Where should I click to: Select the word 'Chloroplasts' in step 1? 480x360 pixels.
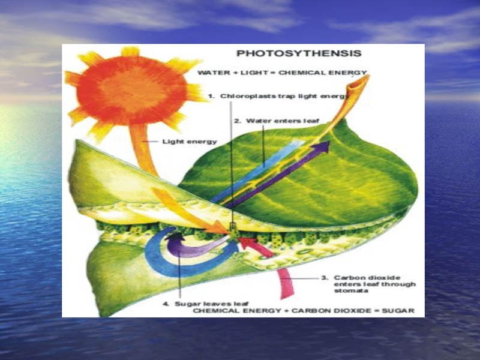tap(244, 96)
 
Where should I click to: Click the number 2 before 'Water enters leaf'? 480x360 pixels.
tap(237, 121)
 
